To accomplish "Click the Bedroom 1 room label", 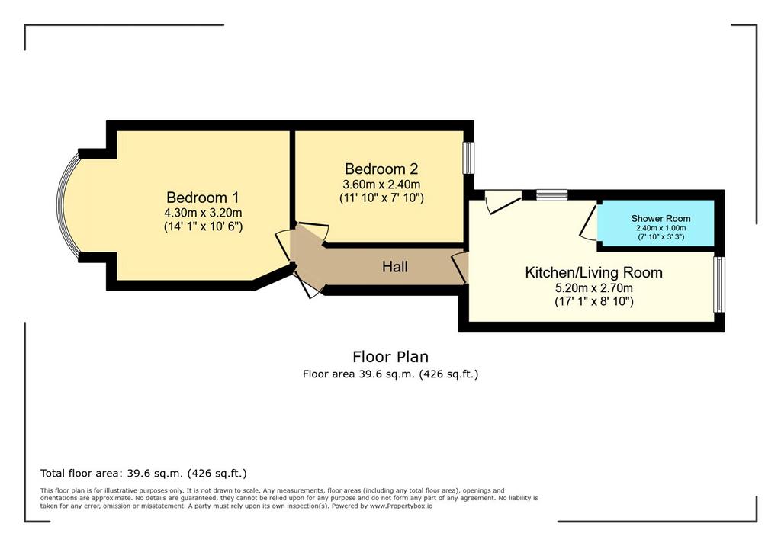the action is pyautogui.click(x=203, y=198).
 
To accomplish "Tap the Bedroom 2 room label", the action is pyautogui.click(x=381, y=169).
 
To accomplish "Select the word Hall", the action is pyautogui.click(x=395, y=267).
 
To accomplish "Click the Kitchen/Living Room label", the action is pyautogui.click(x=593, y=272).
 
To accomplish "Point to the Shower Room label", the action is pyautogui.click(x=660, y=218).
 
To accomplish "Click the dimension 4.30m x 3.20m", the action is pyautogui.click(x=203, y=213).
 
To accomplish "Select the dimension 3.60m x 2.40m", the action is pyautogui.click(x=381, y=185).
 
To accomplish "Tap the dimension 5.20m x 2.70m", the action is pyautogui.click(x=593, y=288).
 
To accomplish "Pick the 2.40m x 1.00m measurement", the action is pyautogui.click(x=660, y=228).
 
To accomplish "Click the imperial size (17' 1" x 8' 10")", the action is pyautogui.click(x=593, y=301).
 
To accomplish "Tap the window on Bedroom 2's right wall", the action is pyautogui.click(x=468, y=158).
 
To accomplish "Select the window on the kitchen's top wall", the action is pyautogui.click(x=552, y=194).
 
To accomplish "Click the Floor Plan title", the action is pyautogui.click(x=390, y=357).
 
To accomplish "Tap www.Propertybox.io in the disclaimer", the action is pyautogui.click(x=401, y=506).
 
